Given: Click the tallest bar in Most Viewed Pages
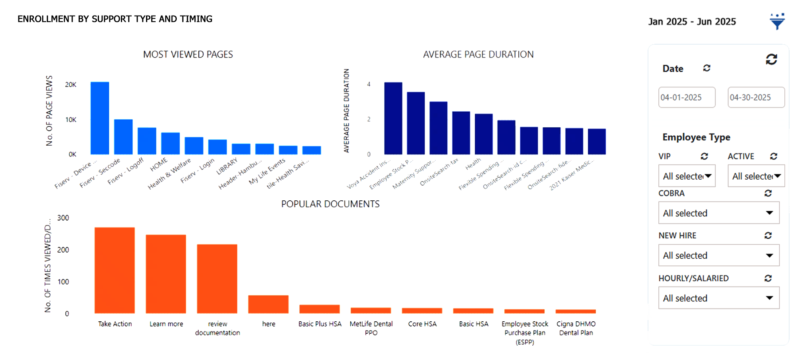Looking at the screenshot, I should [100, 118].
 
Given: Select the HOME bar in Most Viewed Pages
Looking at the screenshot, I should [170, 143].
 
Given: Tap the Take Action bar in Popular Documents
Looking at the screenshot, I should [115, 270].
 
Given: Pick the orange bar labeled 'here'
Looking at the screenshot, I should [268, 304].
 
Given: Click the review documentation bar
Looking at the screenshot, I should [217, 279].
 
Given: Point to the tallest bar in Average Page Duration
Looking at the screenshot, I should [393, 118].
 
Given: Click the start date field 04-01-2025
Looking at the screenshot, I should [687, 97].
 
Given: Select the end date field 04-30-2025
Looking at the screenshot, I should [756, 97].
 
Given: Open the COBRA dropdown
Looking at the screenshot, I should [719, 213].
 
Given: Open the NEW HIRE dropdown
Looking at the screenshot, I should [719, 255].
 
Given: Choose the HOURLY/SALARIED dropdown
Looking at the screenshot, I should [719, 298].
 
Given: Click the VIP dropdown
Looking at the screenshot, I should [687, 176].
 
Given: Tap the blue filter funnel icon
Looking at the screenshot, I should [777, 22].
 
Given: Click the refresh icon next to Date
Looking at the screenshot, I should [707, 68].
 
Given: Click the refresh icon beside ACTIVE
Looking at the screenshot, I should [774, 156].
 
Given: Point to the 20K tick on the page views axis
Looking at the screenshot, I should [71, 85].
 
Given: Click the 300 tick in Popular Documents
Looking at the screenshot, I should [63, 218].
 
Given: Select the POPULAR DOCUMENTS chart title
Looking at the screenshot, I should [330, 204].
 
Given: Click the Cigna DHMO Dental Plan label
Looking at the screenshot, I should [576, 328].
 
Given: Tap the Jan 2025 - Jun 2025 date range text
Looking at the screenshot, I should [692, 22].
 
